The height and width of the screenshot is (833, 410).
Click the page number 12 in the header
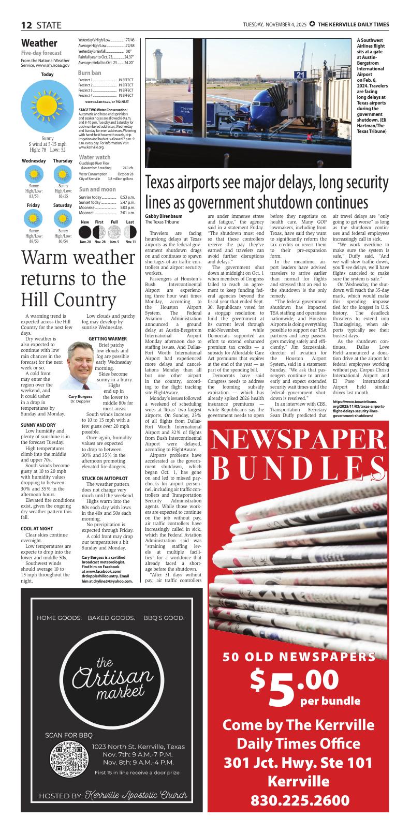27,25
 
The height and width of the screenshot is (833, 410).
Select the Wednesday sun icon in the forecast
34,174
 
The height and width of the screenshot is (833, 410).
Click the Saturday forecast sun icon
63,219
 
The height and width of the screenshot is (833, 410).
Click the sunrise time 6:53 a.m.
127,197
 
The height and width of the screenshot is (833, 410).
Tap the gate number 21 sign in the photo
300,75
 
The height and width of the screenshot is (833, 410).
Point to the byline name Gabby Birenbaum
163,216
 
